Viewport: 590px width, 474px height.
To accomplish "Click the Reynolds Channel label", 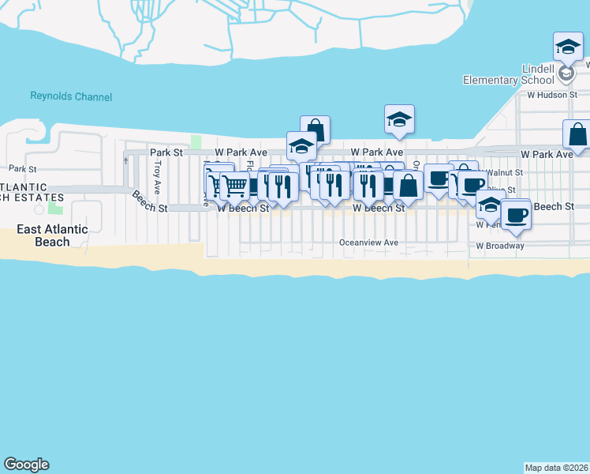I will (x=71, y=96).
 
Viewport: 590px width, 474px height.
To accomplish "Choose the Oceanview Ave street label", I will (x=369, y=243).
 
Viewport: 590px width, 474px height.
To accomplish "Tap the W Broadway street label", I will (x=499, y=246).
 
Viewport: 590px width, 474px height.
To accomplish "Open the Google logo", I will (x=26, y=465).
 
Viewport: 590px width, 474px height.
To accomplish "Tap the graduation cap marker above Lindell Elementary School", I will (x=568, y=46).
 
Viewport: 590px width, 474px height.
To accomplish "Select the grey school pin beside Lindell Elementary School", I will (x=565, y=74).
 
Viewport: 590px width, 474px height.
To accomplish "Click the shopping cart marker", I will (x=234, y=186).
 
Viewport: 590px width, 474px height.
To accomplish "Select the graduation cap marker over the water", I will (x=399, y=120).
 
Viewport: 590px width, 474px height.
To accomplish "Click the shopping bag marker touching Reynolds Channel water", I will (x=315, y=130).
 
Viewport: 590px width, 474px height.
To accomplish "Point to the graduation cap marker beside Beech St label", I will (x=491, y=204).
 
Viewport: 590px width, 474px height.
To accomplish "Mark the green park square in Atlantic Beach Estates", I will (x=54, y=208).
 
